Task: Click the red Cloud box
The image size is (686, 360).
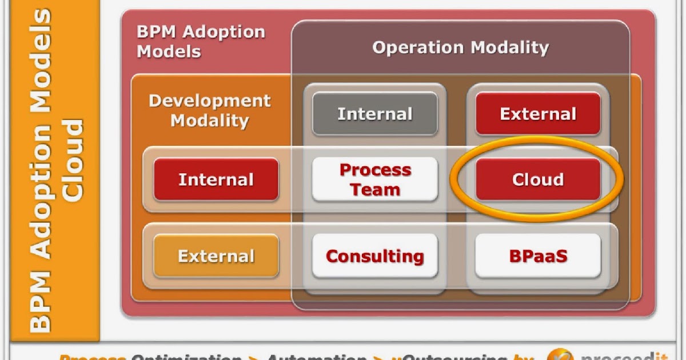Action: tap(538, 179)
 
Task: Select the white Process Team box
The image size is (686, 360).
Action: tap(375, 179)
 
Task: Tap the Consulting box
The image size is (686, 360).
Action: tap(375, 256)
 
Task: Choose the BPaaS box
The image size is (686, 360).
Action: tap(538, 256)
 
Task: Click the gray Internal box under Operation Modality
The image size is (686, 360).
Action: tap(375, 114)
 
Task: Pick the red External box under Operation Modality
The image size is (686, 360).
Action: tap(538, 114)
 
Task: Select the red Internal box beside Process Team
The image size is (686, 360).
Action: tap(216, 179)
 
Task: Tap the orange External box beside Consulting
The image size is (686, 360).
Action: tap(216, 256)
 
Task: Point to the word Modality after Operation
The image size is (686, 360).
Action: tap(508, 47)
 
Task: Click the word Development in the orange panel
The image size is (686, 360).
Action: tap(210, 101)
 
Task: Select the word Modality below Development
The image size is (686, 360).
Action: tap(210, 121)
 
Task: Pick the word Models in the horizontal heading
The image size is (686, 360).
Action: tap(169, 51)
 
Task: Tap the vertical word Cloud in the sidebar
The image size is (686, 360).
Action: tap(73, 160)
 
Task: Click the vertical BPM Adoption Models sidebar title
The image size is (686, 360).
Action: tap(41, 171)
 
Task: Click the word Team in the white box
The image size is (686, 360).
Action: tap(375, 190)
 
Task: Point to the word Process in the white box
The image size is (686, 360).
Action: tap(375, 170)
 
